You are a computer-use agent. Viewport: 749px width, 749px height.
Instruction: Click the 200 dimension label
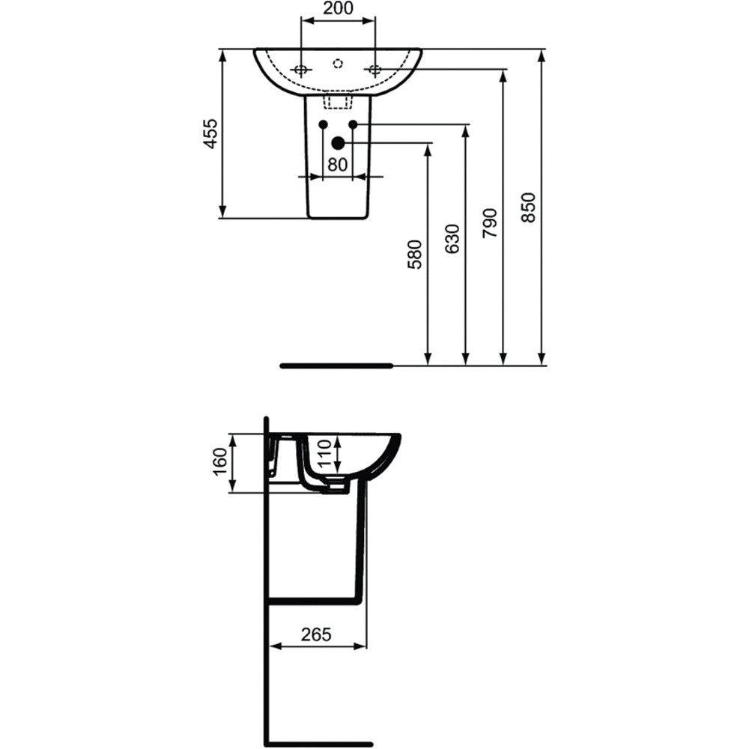[338, 8]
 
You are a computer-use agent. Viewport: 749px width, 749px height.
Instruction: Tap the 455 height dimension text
[210, 133]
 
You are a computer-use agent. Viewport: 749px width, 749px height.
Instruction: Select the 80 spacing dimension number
[337, 164]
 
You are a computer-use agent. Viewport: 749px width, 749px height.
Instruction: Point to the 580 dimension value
[415, 254]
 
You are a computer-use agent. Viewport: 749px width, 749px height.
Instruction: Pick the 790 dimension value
[490, 223]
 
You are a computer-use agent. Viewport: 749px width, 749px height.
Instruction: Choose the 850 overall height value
[528, 207]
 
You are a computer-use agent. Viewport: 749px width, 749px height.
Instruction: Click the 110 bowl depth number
[324, 453]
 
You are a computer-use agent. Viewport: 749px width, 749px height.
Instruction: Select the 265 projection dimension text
[316, 634]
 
